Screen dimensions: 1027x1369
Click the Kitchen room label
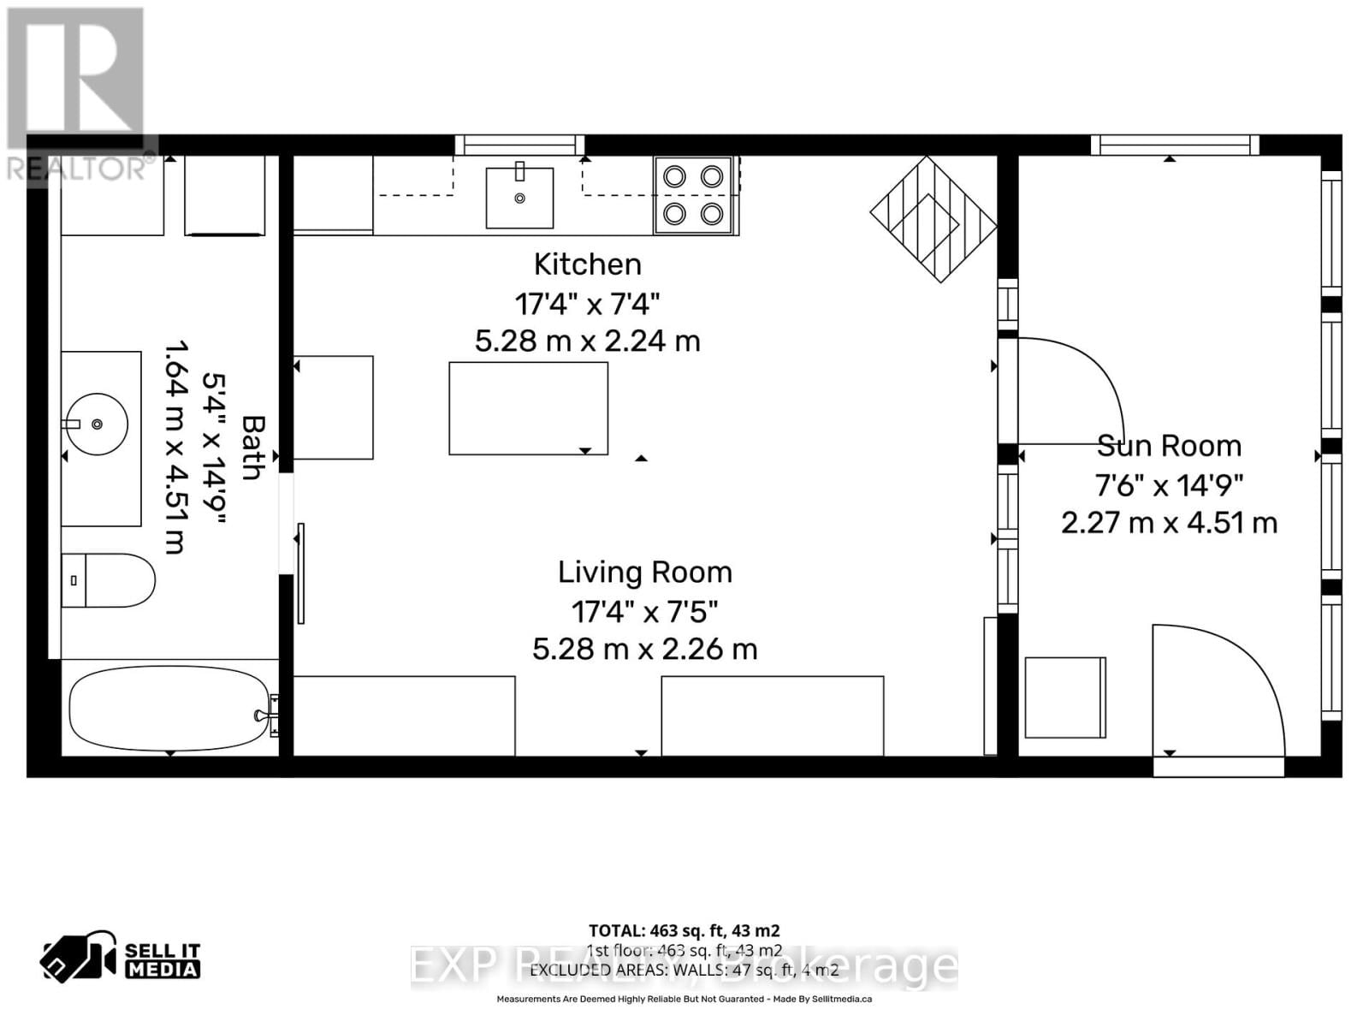point(587,264)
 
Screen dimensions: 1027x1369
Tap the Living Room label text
point(644,573)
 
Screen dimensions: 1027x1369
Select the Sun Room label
point(1169,446)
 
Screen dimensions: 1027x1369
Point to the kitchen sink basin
point(519,198)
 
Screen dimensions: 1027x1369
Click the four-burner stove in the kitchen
point(693,195)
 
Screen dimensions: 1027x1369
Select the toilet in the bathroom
point(109,580)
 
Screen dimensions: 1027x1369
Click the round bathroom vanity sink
point(97,424)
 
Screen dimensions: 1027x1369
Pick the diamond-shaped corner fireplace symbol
point(933,219)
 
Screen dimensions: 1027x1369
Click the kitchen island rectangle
point(528,408)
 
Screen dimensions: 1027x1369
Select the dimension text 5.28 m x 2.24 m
point(587,341)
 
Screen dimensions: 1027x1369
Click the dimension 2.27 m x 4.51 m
point(1169,523)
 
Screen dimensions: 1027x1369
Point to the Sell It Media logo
point(121,960)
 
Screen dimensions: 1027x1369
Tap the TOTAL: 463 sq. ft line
point(684,930)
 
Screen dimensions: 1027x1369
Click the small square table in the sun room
point(1065,698)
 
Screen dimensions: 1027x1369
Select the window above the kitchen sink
point(519,145)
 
